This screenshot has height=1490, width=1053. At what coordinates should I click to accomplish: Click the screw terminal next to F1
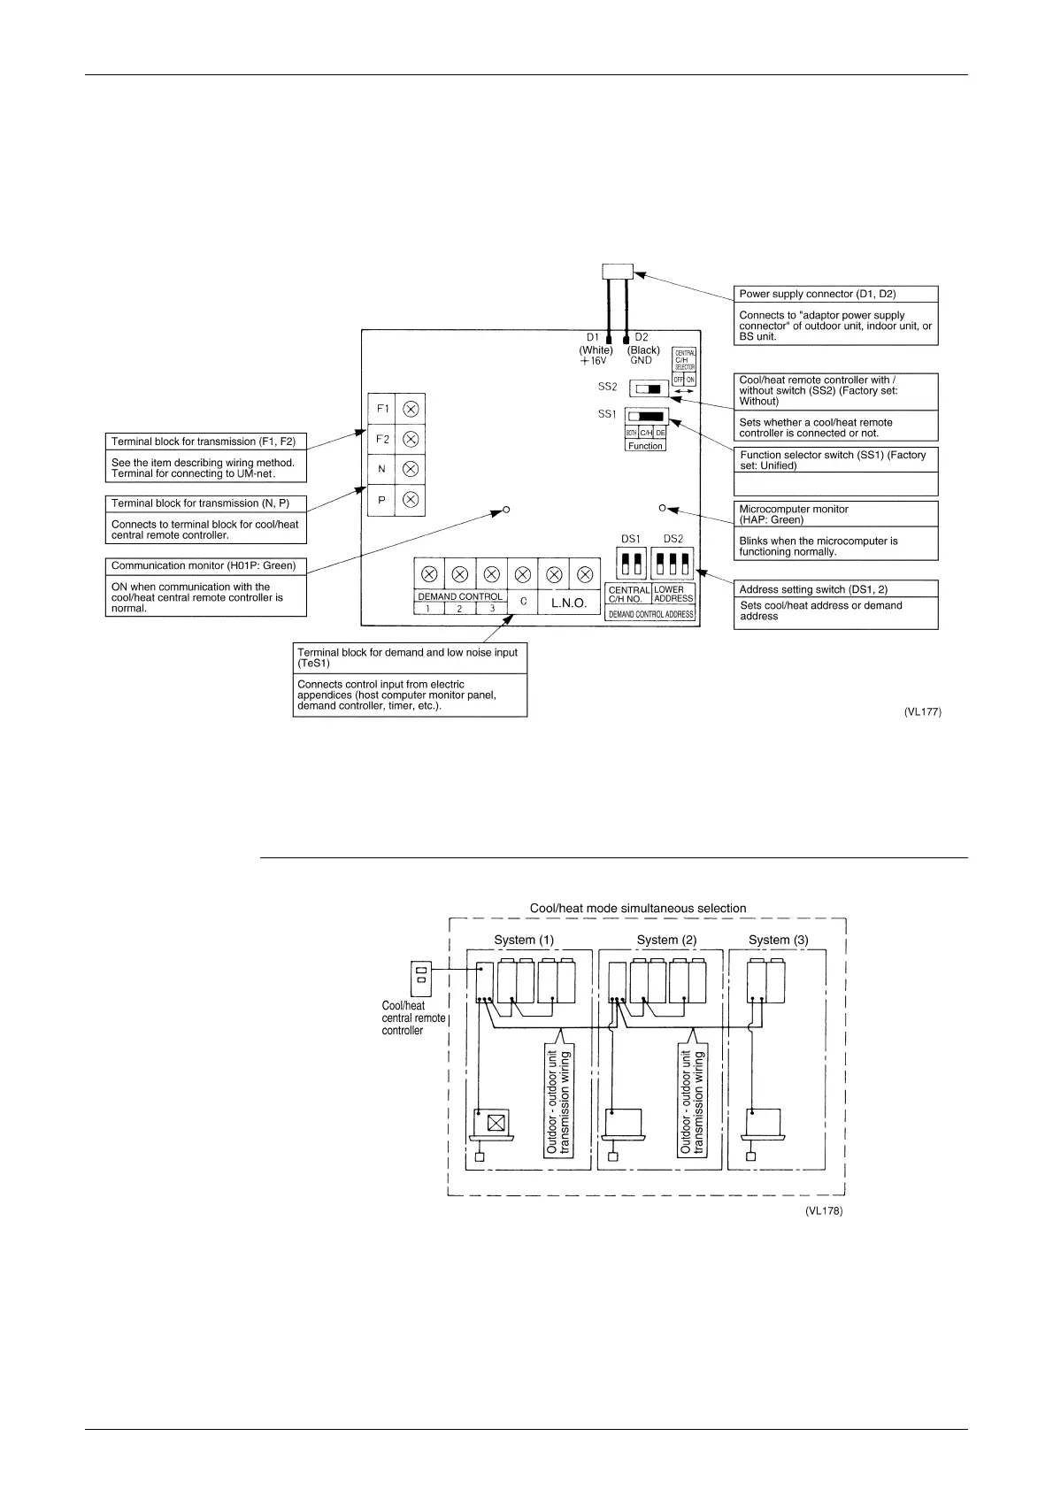coord(411,409)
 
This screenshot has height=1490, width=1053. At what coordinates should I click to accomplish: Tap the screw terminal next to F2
coord(411,439)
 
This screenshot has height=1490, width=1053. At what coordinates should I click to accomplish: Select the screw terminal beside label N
coord(411,469)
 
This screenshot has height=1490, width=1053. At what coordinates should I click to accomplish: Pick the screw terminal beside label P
coord(411,500)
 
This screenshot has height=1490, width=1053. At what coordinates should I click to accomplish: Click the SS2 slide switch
coord(649,389)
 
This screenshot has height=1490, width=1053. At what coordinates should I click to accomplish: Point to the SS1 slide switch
coord(645,416)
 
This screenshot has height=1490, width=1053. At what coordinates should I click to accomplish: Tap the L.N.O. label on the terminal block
coord(569,603)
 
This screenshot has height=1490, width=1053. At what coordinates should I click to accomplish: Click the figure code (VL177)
coord(922,711)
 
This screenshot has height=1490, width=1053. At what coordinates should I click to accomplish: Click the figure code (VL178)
coord(824,1211)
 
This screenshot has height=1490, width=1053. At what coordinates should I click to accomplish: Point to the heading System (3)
coord(778,940)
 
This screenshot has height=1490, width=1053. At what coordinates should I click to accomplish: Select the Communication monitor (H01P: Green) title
coord(204,565)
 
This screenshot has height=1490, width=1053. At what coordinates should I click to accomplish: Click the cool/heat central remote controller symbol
coord(421,978)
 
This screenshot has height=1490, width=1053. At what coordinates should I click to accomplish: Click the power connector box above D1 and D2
coord(617,272)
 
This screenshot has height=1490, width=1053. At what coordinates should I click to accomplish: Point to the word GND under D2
coord(642,361)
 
